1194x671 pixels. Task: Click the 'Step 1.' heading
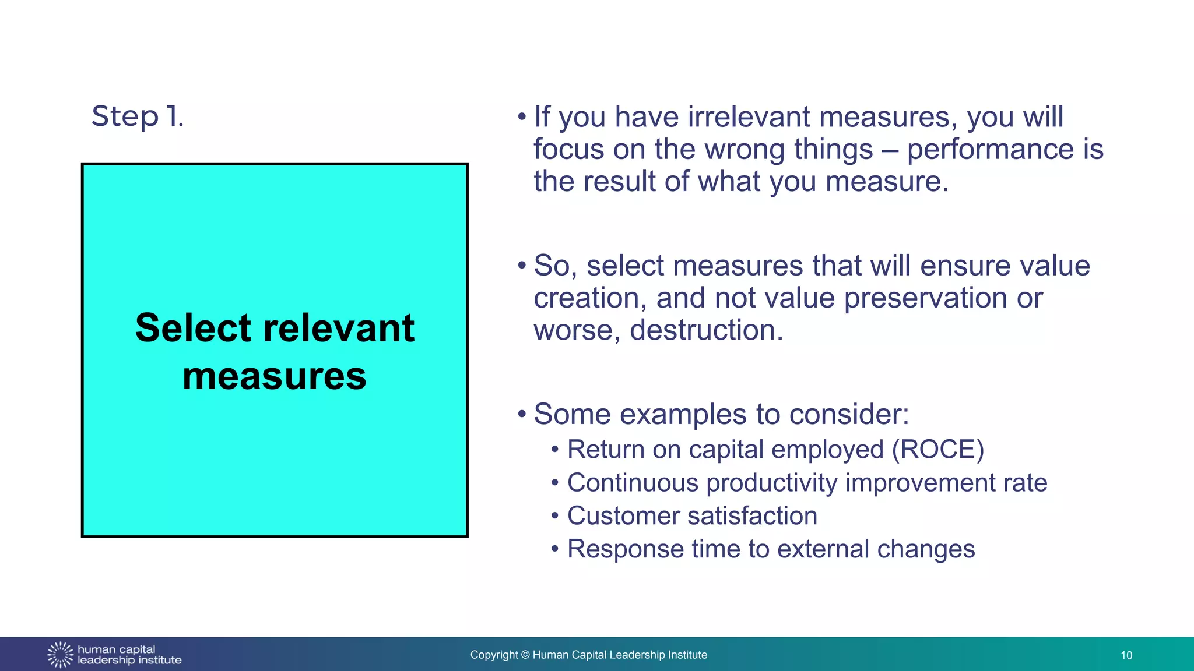[x=138, y=116]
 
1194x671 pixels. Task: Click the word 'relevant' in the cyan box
[x=339, y=328]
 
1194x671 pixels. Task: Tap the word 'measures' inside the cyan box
[x=275, y=376]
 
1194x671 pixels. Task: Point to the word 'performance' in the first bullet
[x=990, y=149]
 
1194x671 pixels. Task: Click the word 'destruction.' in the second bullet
[x=707, y=330]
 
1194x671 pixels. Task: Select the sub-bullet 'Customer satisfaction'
[x=692, y=516]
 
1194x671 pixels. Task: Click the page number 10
[x=1126, y=655]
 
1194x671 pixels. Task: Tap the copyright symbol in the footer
[x=525, y=655]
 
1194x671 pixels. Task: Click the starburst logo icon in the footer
[x=60, y=655]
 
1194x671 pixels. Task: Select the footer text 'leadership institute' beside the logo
[x=129, y=661]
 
